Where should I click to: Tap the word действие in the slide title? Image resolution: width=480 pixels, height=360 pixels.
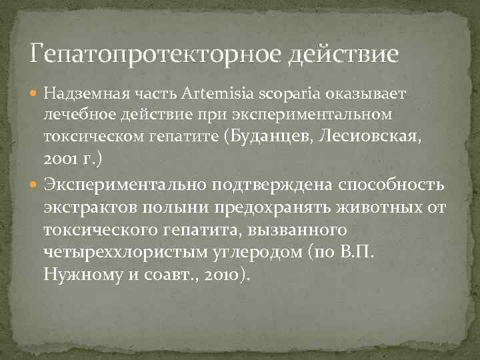(x=343, y=53)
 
